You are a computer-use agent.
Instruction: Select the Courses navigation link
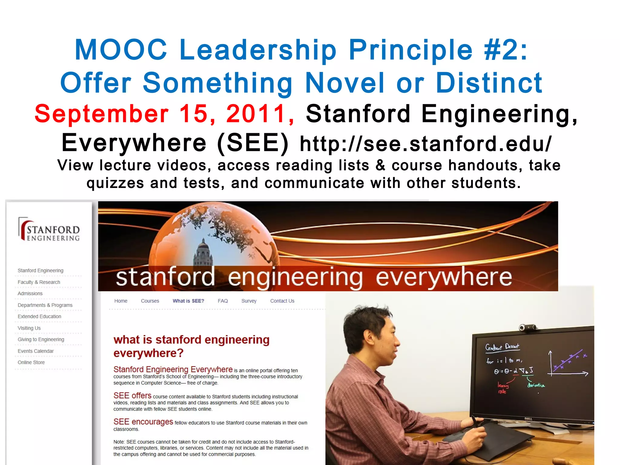(150, 301)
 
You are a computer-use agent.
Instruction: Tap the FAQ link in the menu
(223, 301)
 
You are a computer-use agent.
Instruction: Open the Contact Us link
(282, 301)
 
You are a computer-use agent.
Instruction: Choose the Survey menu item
(249, 301)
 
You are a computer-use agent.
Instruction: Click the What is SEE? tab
(188, 301)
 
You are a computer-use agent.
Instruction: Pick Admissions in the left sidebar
(30, 293)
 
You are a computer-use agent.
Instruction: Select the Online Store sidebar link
(31, 362)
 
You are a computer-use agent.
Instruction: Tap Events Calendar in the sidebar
(35, 351)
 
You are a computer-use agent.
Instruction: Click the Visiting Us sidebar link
(29, 328)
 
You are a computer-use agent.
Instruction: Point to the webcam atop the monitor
(528, 327)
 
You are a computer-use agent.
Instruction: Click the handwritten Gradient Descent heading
(502, 347)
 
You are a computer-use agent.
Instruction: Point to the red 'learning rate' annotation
(503, 388)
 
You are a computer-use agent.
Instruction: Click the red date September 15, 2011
(164, 114)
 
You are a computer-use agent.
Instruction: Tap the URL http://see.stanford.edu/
(425, 144)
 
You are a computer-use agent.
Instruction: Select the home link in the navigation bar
(121, 301)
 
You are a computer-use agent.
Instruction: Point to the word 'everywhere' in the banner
(444, 277)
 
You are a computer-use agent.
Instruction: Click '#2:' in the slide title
(506, 50)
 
